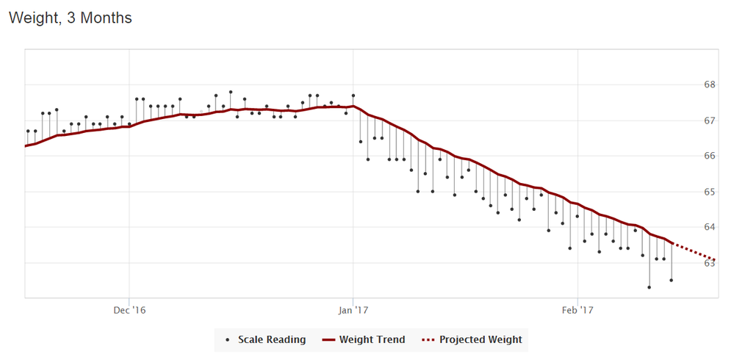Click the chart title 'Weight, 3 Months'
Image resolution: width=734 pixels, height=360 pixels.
71,18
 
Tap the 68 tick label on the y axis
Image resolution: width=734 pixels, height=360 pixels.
710,84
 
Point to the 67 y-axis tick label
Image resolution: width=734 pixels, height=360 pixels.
710,120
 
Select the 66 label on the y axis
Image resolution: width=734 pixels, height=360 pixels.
710,156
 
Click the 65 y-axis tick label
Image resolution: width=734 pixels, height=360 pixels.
710,192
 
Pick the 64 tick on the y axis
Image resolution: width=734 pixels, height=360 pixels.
710,227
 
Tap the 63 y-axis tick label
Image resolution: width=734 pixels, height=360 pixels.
710,263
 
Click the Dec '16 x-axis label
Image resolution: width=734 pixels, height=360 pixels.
129,310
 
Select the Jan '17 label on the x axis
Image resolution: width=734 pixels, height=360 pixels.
353,310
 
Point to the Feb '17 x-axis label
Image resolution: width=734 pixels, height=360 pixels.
578,310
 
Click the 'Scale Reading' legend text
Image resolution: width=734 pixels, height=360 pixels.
272,340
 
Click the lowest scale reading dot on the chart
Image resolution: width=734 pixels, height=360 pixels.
650,287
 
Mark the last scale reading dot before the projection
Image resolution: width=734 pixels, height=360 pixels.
671,280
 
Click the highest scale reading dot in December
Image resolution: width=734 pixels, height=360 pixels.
231,93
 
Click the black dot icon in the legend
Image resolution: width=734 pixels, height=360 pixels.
228,340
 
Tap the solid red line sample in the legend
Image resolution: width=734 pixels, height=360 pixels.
328,340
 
